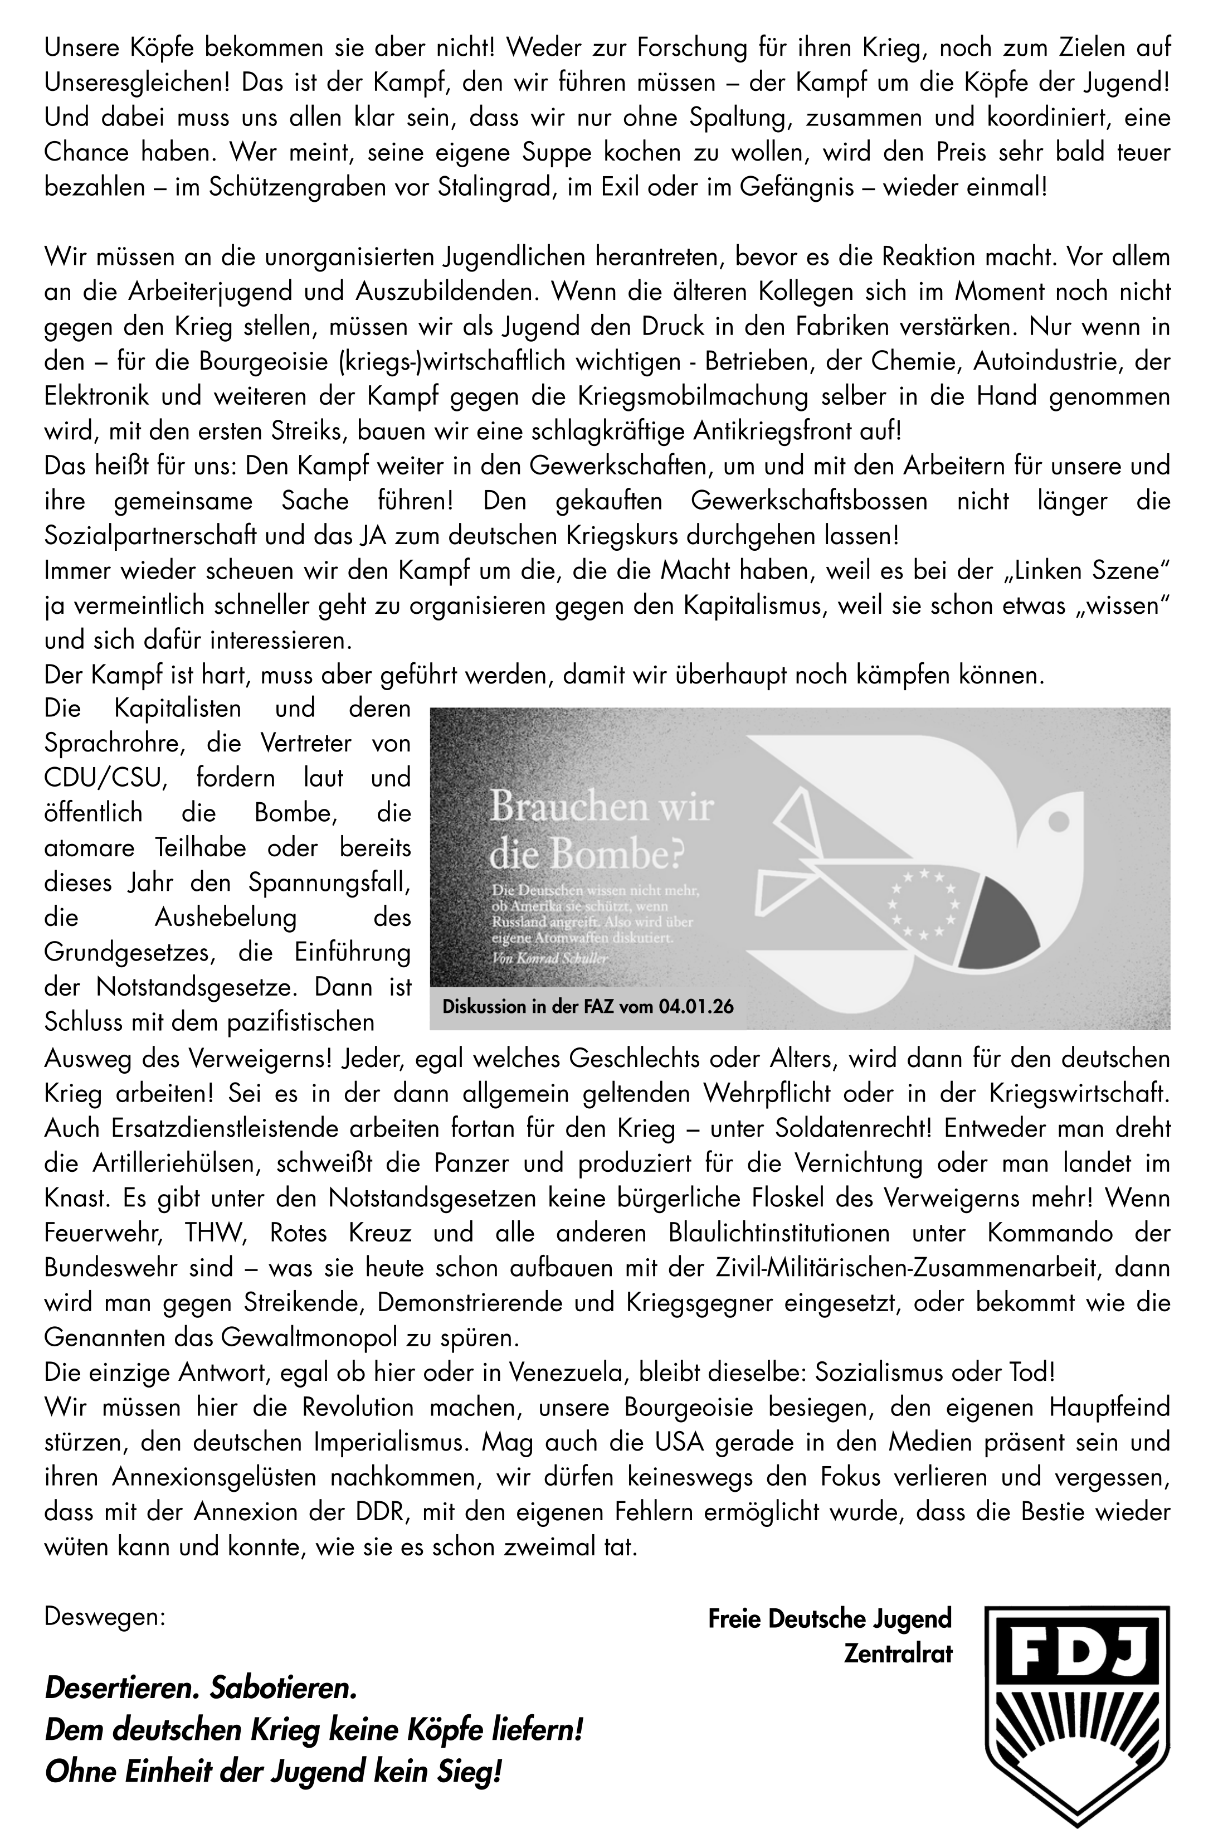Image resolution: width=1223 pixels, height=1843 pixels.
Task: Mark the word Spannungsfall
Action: tap(329, 882)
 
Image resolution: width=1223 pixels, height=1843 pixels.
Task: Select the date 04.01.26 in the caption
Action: tap(695, 1007)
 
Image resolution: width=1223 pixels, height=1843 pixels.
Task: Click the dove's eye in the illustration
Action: tap(1059, 821)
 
